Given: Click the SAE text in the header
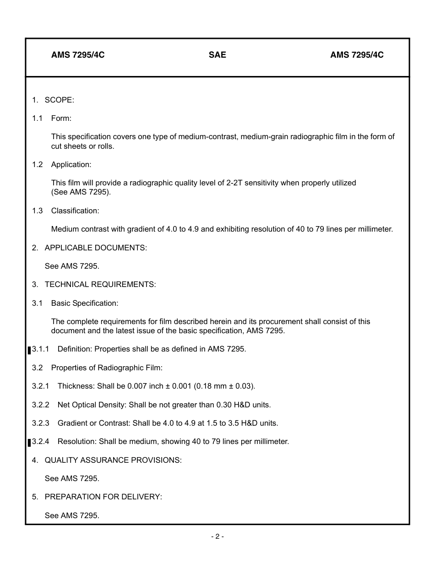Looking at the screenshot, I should click(217, 55).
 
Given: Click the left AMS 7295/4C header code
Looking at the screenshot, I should click(78, 55).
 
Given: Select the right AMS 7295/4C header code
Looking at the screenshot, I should click(357, 55).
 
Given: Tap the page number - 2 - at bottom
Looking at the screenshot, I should click(217, 536).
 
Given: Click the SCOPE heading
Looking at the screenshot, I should click(59, 100).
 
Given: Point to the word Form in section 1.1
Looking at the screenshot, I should click(61, 118).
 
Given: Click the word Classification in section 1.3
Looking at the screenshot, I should click(75, 211).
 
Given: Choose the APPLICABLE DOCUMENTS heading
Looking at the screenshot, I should click(95, 248).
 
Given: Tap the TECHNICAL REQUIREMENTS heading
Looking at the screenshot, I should click(100, 284).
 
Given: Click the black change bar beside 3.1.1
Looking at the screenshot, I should click(29, 350).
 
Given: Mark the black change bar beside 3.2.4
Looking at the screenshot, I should click(29, 443).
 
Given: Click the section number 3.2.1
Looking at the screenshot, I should click(40, 386).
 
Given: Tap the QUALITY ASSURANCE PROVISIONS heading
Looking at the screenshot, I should click(113, 460).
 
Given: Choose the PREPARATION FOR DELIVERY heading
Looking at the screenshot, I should click(103, 497).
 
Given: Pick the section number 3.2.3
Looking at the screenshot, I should click(40, 423).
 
